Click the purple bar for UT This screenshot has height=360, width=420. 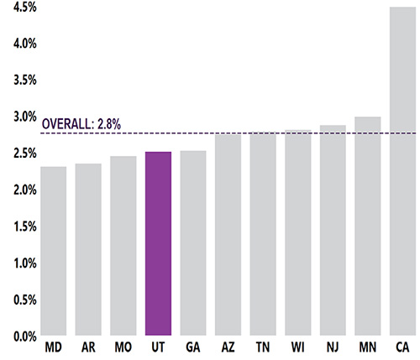tap(158, 243)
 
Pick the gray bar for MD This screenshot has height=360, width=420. tap(53, 251)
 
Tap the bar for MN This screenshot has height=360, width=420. tap(367, 227)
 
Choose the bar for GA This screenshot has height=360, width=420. tap(192, 243)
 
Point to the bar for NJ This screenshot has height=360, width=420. tap(332, 231)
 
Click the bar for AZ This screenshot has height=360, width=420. tap(228, 235)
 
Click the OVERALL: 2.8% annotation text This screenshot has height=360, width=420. tap(82, 124)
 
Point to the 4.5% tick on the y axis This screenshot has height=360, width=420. tap(18, 7)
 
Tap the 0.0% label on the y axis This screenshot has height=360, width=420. tap(18, 337)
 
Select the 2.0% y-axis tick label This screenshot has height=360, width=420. tap(18, 190)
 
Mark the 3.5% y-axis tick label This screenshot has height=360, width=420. tap(18, 80)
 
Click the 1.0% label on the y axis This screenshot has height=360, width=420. tap(18, 263)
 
